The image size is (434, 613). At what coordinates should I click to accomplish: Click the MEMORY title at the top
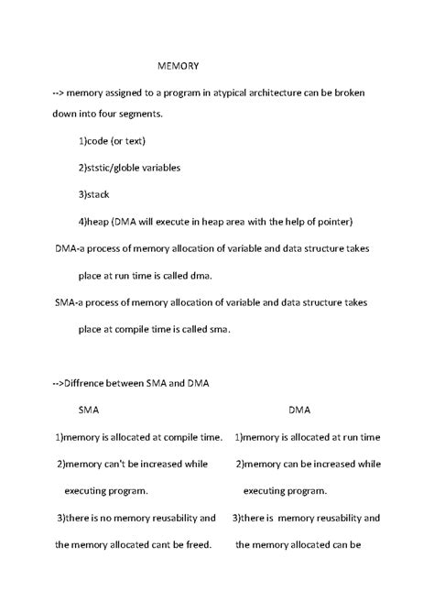click(178, 67)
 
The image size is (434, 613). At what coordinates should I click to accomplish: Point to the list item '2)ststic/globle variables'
click(129, 169)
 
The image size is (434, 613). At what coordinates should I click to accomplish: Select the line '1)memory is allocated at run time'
click(307, 437)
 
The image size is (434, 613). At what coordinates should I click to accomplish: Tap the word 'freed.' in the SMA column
click(196, 544)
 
